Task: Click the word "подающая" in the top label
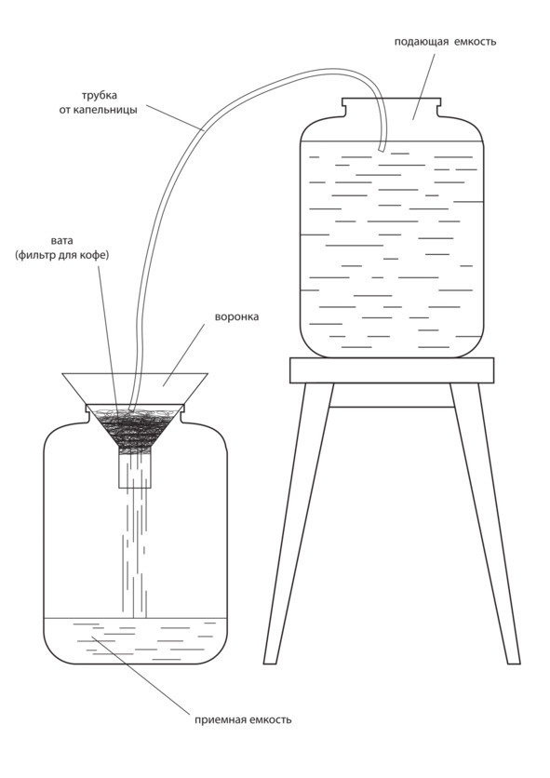[421, 42]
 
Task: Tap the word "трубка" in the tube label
[100, 95]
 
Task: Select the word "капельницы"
[105, 110]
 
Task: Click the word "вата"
[62, 241]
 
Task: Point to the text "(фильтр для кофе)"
[62, 255]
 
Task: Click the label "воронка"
[236, 316]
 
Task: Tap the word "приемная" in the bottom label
[216, 719]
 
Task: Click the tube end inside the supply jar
[381, 148]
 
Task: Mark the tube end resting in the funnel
[131, 408]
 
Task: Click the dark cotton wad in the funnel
[134, 428]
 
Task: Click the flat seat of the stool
[392, 370]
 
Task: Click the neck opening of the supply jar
[392, 101]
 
